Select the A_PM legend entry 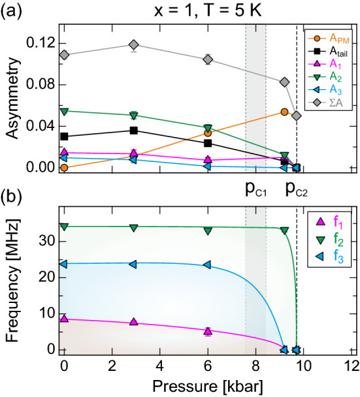pos(327,38)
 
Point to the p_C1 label pos(256,189)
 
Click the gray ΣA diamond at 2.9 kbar pos(133,45)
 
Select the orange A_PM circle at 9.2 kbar pos(284,112)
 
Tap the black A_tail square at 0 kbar pos(64,136)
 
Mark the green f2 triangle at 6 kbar pos(208,231)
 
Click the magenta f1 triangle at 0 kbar pos(64,319)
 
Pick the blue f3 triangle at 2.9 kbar pos(133,264)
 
